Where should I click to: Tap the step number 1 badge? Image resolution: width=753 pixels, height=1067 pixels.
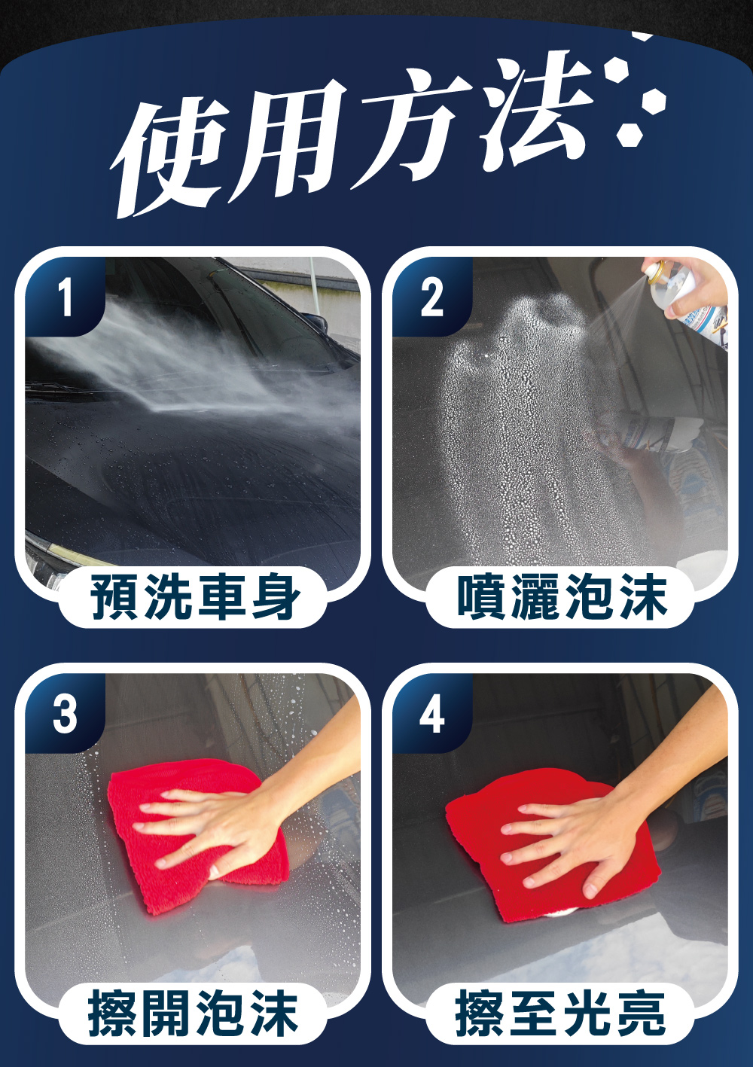click(x=65, y=297)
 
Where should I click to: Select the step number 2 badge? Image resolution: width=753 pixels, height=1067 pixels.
click(x=432, y=297)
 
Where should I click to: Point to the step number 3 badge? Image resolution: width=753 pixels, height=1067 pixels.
click(x=65, y=713)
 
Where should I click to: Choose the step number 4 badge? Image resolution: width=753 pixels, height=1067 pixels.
click(x=432, y=713)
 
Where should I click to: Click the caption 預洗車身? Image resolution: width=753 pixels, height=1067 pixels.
click(x=195, y=596)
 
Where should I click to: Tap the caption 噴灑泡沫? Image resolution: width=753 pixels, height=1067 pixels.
click(x=562, y=596)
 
